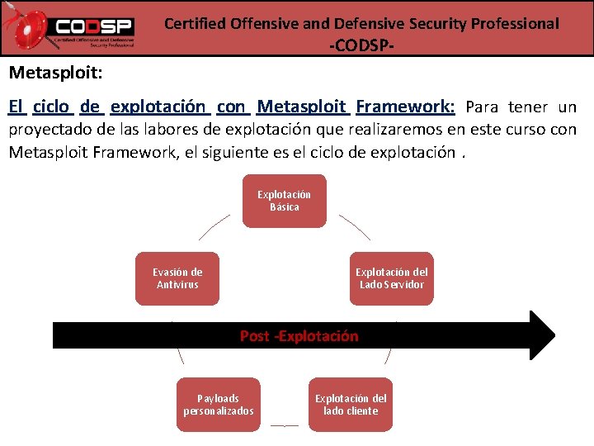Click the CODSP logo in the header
tap(70, 30)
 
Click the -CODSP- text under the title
tap(361, 45)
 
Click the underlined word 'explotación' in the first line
tap(158, 107)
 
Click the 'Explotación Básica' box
tap(284, 201)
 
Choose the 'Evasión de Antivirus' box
tap(177, 278)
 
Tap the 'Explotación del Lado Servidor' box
tap(391, 278)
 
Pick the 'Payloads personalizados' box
tap(219, 405)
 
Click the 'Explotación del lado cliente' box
tap(351, 405)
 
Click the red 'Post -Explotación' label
tap(299, 336)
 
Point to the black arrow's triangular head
tap(541, 335)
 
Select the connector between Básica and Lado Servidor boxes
tap(355, 228)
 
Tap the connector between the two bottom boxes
tap(284, 425)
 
